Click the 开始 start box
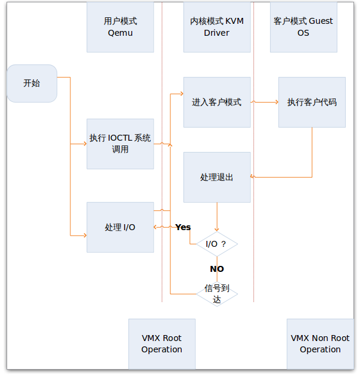click(32, 83)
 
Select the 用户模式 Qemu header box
click(120, 27)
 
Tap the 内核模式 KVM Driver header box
click(216, 27)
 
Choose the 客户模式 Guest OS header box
click(303, 27)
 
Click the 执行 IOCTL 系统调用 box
click(120, 144)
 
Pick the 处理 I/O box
click(120, 227)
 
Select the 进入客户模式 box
click(216, 102)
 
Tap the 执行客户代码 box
click(312, 102)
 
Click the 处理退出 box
click(216, 177)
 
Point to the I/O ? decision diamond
click(216, 244)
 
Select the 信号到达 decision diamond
click(216, 293)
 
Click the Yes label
click(183, 227)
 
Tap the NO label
click(216, 269)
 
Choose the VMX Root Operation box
click(162, 344)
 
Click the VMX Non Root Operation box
click(320, 344)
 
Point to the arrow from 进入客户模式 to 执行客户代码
click(265, 102)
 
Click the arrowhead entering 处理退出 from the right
click(253, 176)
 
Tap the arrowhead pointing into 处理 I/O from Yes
click(156, 227)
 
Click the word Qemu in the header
click(120, 33)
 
